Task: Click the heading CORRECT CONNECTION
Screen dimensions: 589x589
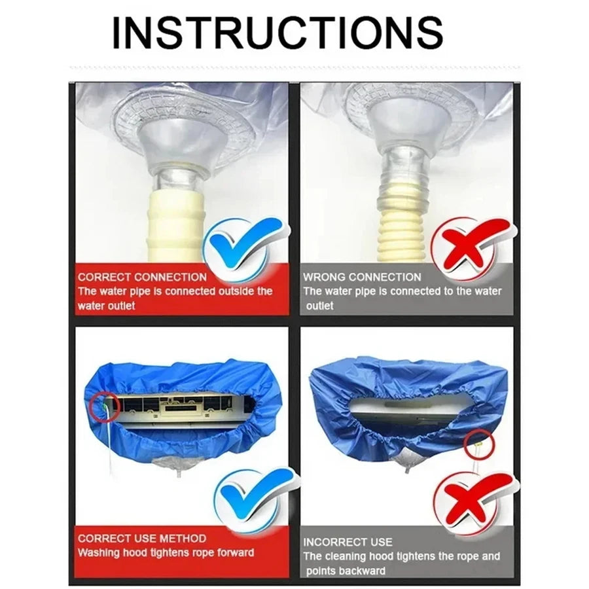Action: (x=142, y=277)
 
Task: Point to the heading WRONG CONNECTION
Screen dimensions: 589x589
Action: (x=362, y=277)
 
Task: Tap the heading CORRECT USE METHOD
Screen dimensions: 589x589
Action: (x=142, y=538)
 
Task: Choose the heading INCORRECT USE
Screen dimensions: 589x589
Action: (x=348, y=542)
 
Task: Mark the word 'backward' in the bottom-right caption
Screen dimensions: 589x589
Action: (x=362, y=571)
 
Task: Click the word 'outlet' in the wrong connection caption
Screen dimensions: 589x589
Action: (x=319, y=306)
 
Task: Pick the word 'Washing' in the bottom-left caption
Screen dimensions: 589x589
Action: (x=99, y=552)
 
